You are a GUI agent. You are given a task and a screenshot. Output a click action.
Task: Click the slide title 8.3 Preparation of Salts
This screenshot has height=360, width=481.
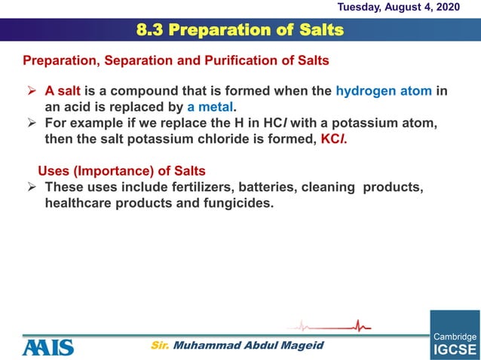click(240, 30)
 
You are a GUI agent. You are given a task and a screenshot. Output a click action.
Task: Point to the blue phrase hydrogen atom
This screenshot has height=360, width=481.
click(384, 91)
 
